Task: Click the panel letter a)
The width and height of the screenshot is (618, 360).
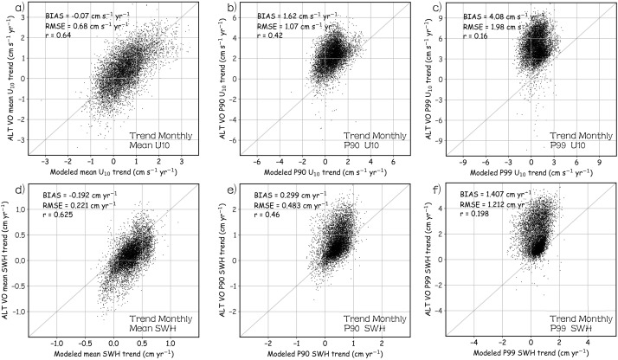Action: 7,9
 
